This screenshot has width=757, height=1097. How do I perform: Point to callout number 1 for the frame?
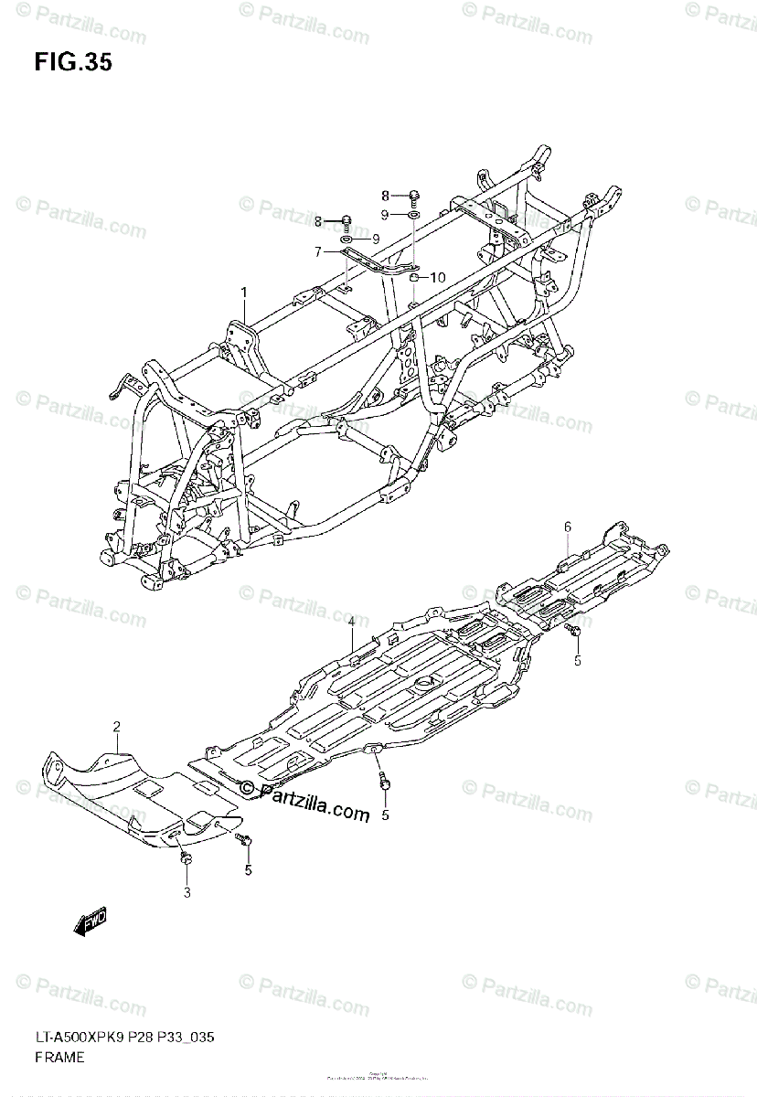point(244,293)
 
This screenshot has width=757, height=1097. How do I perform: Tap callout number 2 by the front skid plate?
point(117,726)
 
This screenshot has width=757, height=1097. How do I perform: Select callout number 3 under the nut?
point(187,892)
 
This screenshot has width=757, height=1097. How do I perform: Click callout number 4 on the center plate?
point(350,623)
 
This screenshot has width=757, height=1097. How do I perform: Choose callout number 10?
point(436,277)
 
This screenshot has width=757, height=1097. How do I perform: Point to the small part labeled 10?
point(414,278)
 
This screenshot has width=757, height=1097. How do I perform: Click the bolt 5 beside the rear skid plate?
point(574,630)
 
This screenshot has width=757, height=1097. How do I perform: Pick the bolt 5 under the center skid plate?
point(383,782)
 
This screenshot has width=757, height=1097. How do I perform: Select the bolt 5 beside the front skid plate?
point(243,837)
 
